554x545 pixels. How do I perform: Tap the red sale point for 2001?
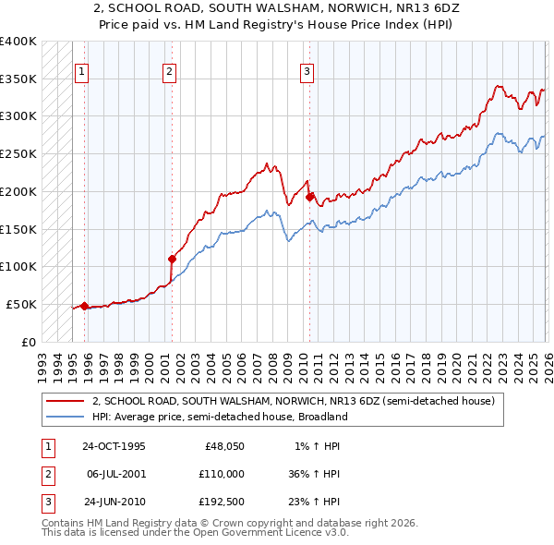tap(172, 259)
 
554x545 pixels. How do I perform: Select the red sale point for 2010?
tap(308, 196)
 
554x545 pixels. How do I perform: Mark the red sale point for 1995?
tap(84, 306)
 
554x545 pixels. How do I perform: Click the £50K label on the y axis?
tap(21, 304)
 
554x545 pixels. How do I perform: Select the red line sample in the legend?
tap(66, 402)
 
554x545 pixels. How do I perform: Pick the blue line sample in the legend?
tap(66, 417)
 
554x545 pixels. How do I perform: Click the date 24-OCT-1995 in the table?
tap(114, 445)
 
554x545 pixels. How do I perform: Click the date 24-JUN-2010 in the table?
tap(114, 502)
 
